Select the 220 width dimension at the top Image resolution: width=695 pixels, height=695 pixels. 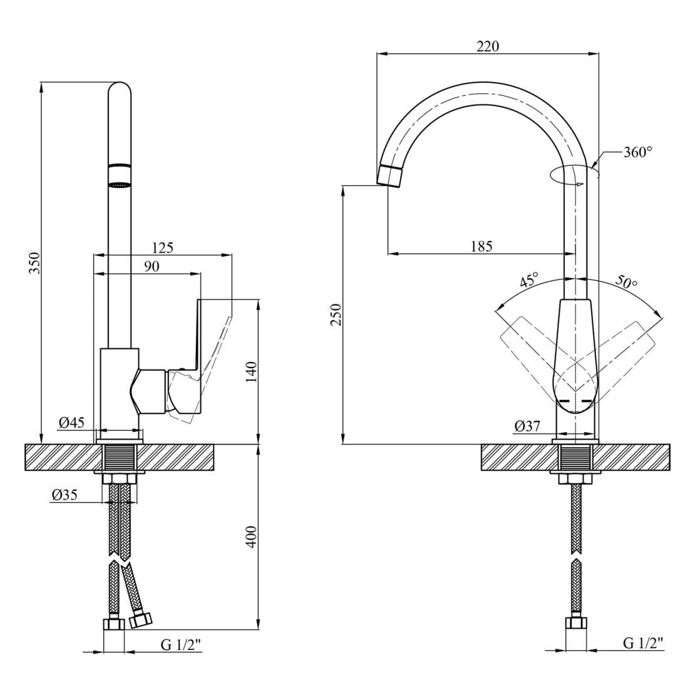(x=488, y=46)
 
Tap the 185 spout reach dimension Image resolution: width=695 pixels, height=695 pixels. (x=481, y=246)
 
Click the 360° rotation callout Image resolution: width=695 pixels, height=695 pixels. (x=638, y=152)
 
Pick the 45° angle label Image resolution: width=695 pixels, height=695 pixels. (x=530, y=281)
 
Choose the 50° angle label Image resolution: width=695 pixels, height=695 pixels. (x=625, y=281)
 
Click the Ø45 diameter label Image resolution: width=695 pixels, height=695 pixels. (x=71, y=423)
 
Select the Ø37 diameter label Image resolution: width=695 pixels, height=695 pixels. (x=527, y=426)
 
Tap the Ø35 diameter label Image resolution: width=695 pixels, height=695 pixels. (x=64, y=495)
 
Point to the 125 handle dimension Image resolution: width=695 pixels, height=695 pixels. (x=162, y=248)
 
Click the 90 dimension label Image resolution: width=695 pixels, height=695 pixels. (x=152, y=267)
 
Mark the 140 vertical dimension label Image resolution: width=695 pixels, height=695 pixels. (x=251, y=372)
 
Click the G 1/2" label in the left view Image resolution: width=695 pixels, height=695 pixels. (x=182, y=645)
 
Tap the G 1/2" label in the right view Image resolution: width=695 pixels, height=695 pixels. (x=643, y=643)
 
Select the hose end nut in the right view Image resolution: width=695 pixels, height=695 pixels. (x=575, y=624)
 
